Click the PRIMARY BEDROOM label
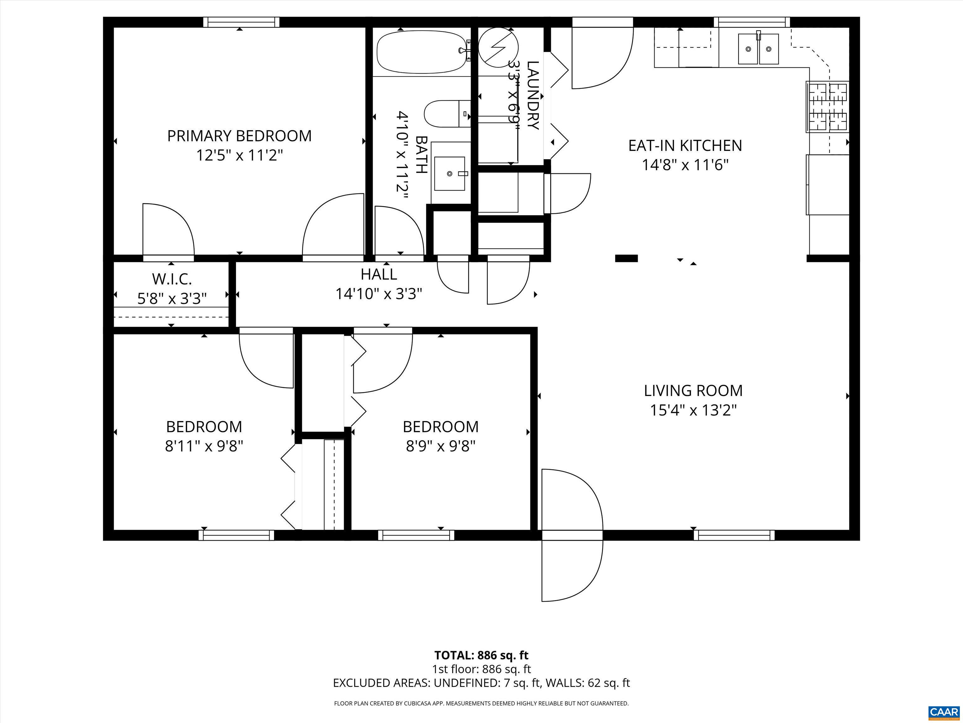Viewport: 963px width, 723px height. point(239,136)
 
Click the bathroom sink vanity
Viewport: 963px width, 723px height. point(450,173)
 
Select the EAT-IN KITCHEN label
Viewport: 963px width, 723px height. point(685,146)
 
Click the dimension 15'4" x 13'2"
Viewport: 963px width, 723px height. point(693,410)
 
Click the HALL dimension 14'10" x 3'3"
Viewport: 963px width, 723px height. point(379,294)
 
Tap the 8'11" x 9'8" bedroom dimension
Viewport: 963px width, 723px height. point(204,446)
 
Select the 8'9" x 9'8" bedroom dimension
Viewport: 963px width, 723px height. point(440,446)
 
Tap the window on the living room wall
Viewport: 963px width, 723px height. point(734,535)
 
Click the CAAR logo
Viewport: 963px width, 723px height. point(944,712)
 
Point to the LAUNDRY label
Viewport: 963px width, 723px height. point(533,95)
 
